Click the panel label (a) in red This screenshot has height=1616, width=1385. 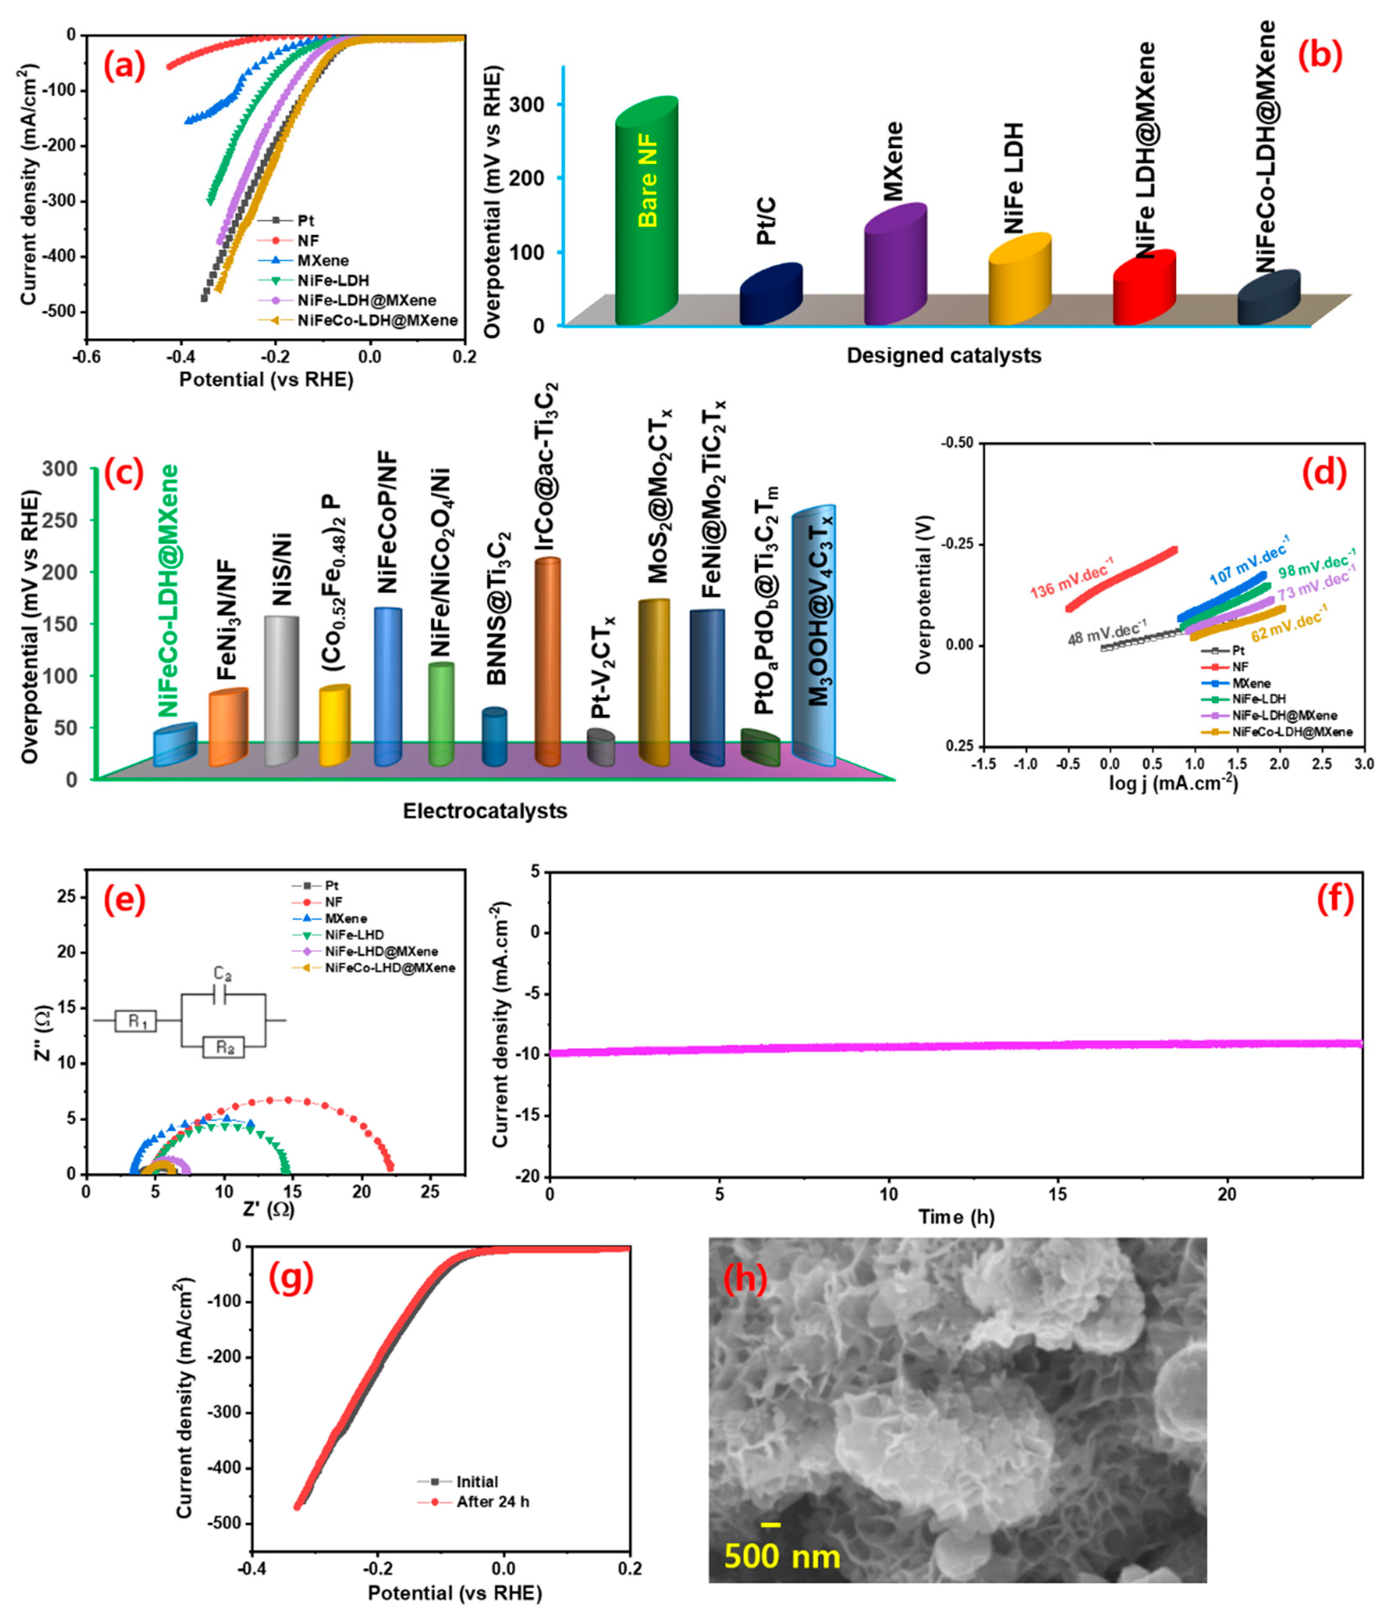click(x=125, y=67)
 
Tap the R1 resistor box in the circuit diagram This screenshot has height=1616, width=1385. click(x=136, y=1021)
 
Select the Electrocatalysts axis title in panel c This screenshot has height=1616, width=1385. click(x=484, y=811)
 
